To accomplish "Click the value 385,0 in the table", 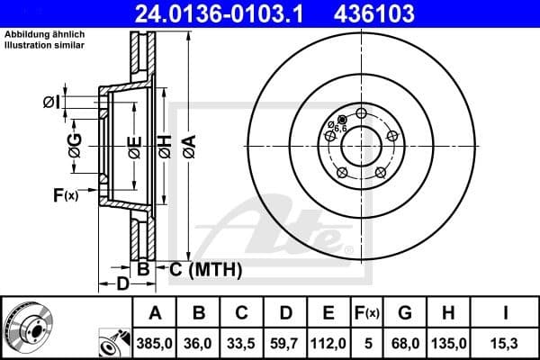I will (154, 343).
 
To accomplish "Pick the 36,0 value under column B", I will (199, 343).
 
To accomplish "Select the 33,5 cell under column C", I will (242, 343).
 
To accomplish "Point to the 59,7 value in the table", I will (285, 343).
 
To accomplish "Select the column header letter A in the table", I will (154, 313).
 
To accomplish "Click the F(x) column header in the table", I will (367, 313).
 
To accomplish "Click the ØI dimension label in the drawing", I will (51, 103).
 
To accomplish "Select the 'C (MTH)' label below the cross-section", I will (205, 267).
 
